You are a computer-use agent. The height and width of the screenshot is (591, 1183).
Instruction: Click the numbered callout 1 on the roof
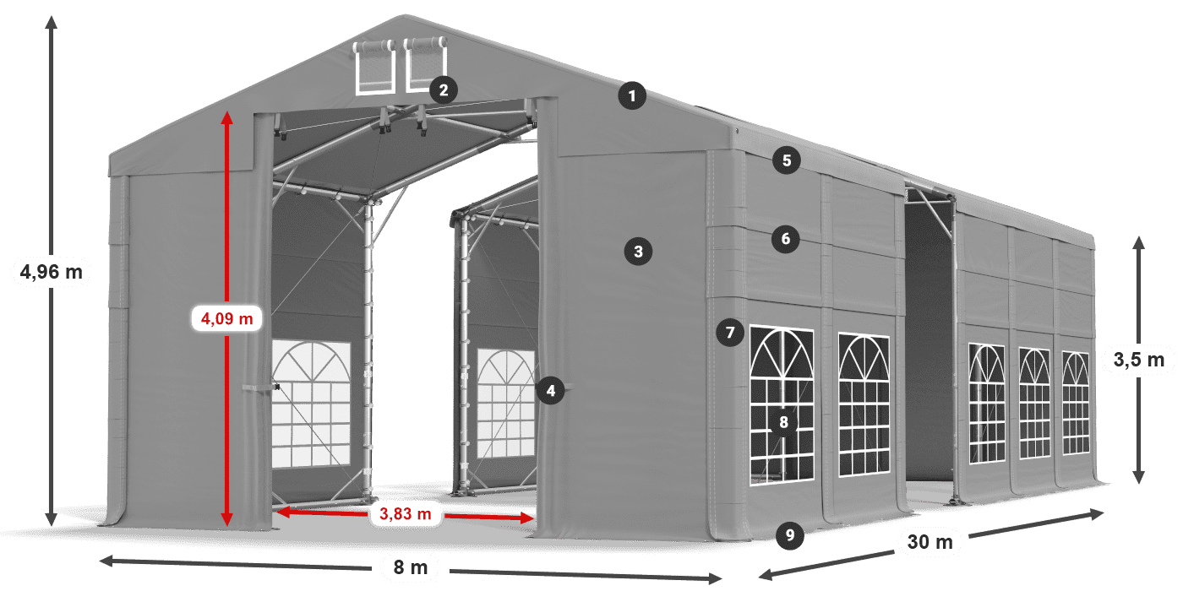pos(631,96)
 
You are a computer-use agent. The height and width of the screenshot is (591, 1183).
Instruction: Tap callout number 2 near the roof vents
pos(443,89)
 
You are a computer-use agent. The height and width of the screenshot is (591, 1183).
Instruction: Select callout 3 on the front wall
pos(638,251)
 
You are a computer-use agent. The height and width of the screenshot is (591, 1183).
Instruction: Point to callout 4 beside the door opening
pos(551,390)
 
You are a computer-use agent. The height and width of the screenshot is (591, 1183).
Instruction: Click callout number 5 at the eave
pos(786,160)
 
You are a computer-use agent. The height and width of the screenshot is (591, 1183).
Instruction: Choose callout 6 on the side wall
pos(785,239)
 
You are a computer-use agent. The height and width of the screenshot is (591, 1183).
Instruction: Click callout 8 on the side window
pos(784,422)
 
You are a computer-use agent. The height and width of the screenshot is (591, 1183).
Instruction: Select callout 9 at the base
pos(788,534)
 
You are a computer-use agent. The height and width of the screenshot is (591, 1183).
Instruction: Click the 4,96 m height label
pos(52,272)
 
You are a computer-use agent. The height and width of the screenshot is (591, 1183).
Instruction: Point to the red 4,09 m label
pos(227,318)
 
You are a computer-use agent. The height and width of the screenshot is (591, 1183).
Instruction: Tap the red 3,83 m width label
pos(406,512)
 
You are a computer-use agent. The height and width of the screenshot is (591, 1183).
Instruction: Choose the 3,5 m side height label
pos(1139,361)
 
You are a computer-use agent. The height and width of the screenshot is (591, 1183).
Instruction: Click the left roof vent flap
pos(374,68)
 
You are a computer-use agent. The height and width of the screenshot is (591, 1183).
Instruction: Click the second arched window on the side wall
pos(864,404)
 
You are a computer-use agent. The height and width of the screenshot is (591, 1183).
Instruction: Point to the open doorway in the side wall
pos(928,338)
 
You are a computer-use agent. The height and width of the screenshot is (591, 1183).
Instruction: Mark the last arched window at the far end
pos(1076,404)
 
